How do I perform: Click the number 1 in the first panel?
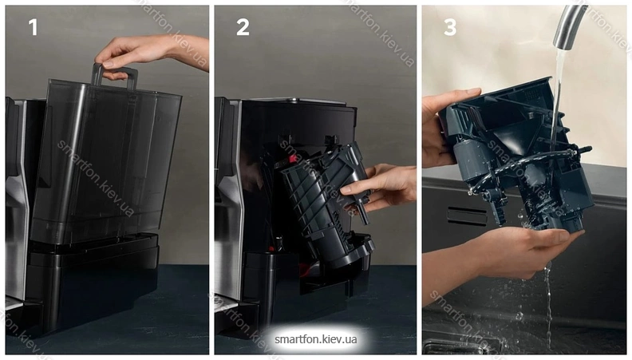[x=33, y=27]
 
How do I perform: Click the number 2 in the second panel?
[x=243, y=27]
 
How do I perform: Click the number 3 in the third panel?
[x=450, y=27]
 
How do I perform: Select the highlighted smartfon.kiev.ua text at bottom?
[x=315, y=339]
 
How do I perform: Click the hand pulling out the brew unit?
[x=379, y=188]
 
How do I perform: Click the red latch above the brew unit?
[x=291, y=159]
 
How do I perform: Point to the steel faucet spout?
[x=569, y=26]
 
